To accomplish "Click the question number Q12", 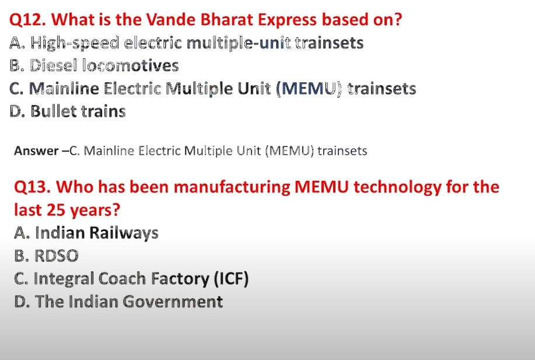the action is pyautogui.click(x=27, y=20).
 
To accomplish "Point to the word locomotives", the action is pyautogui.click(x=131, y=65).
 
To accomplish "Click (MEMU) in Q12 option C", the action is pyautogui.click(x=309, y=89).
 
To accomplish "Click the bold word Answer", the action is pyautogui.click(x=36, y=151).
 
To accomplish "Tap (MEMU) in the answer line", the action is pyautogui.click(x=289, y=151).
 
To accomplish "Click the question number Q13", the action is pyautogui.click(x=33, y=187).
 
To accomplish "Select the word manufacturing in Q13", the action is pyautogui.click(x=232, y=187).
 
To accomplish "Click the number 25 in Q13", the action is pyautogui.click(x=55, y=210).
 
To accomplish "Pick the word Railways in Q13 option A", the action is pyautogui.click(x=124, y=233).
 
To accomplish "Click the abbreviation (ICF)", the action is pyautogui.click(x=231, y=279).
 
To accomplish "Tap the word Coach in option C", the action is pyautogui.click(x=122, y=278).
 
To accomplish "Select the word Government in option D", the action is pyautogui.click(x=172, y=302).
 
